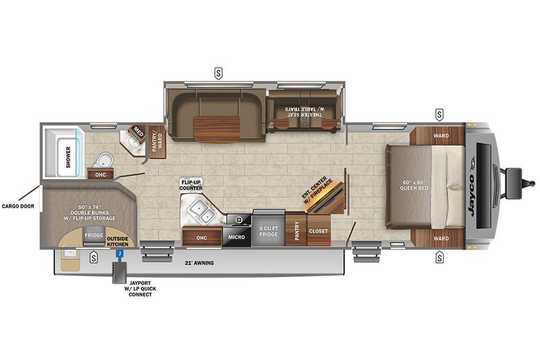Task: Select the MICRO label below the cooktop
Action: click(x=237, y=237)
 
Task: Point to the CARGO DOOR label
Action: click(x=18, y=206)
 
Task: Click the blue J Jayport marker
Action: click(x=120, y=253)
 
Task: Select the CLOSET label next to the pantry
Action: click(x=319, y=231)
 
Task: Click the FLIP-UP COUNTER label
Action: click(x=191, y=185)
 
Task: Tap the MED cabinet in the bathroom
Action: click(x=138, y=131)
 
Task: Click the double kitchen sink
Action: click(x=201, y=210)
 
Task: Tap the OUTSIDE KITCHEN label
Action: click(x=118, y=241)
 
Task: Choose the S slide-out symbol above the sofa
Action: click(x=218, y=74)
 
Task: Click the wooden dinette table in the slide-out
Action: click(x=217, y=129)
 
